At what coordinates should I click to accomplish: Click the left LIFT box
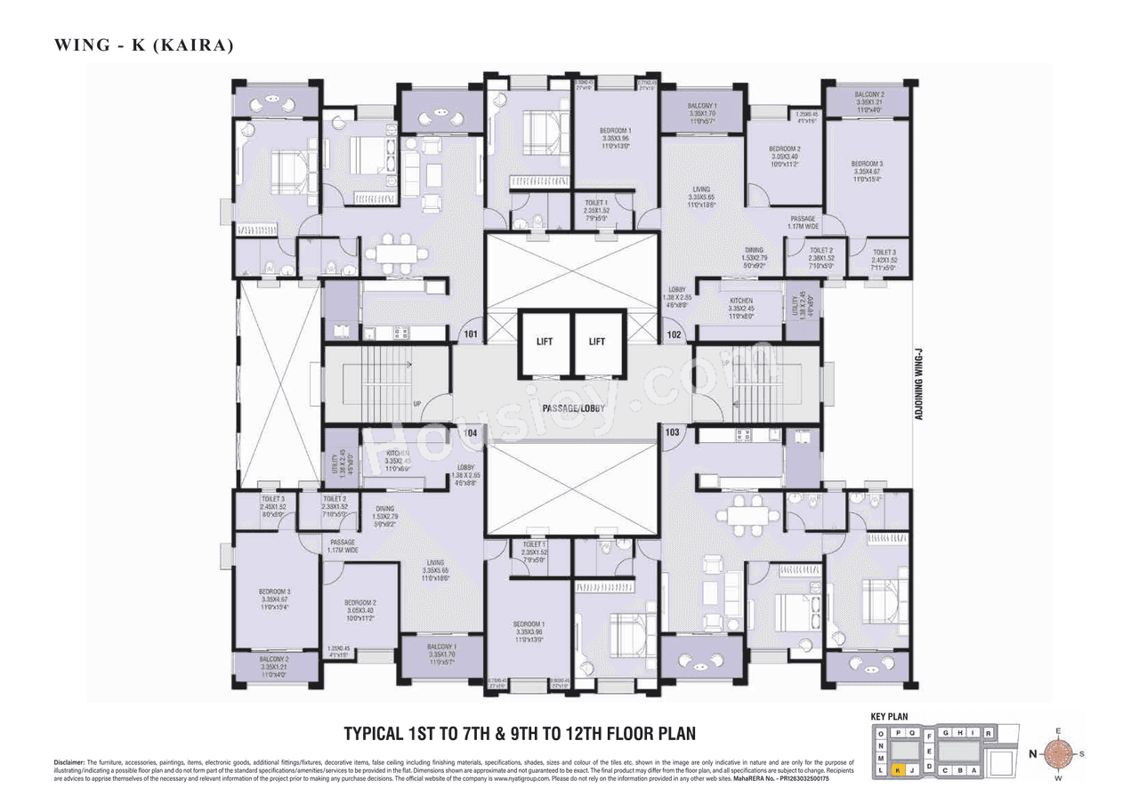point(544,342)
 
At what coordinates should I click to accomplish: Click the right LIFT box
point(597,342)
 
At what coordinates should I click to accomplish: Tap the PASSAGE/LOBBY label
point(573,407)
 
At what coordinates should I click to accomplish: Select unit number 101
point(470,335)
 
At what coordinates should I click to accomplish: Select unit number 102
point(674,335)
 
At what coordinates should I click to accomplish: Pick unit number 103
point(673,432)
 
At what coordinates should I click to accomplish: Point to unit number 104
point(471,432)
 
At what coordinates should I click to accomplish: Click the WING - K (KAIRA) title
point(143,44)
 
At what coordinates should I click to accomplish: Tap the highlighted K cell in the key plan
point(899,770)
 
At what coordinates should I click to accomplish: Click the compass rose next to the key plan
point(1057,754)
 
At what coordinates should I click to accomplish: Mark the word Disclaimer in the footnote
point(69,763)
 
